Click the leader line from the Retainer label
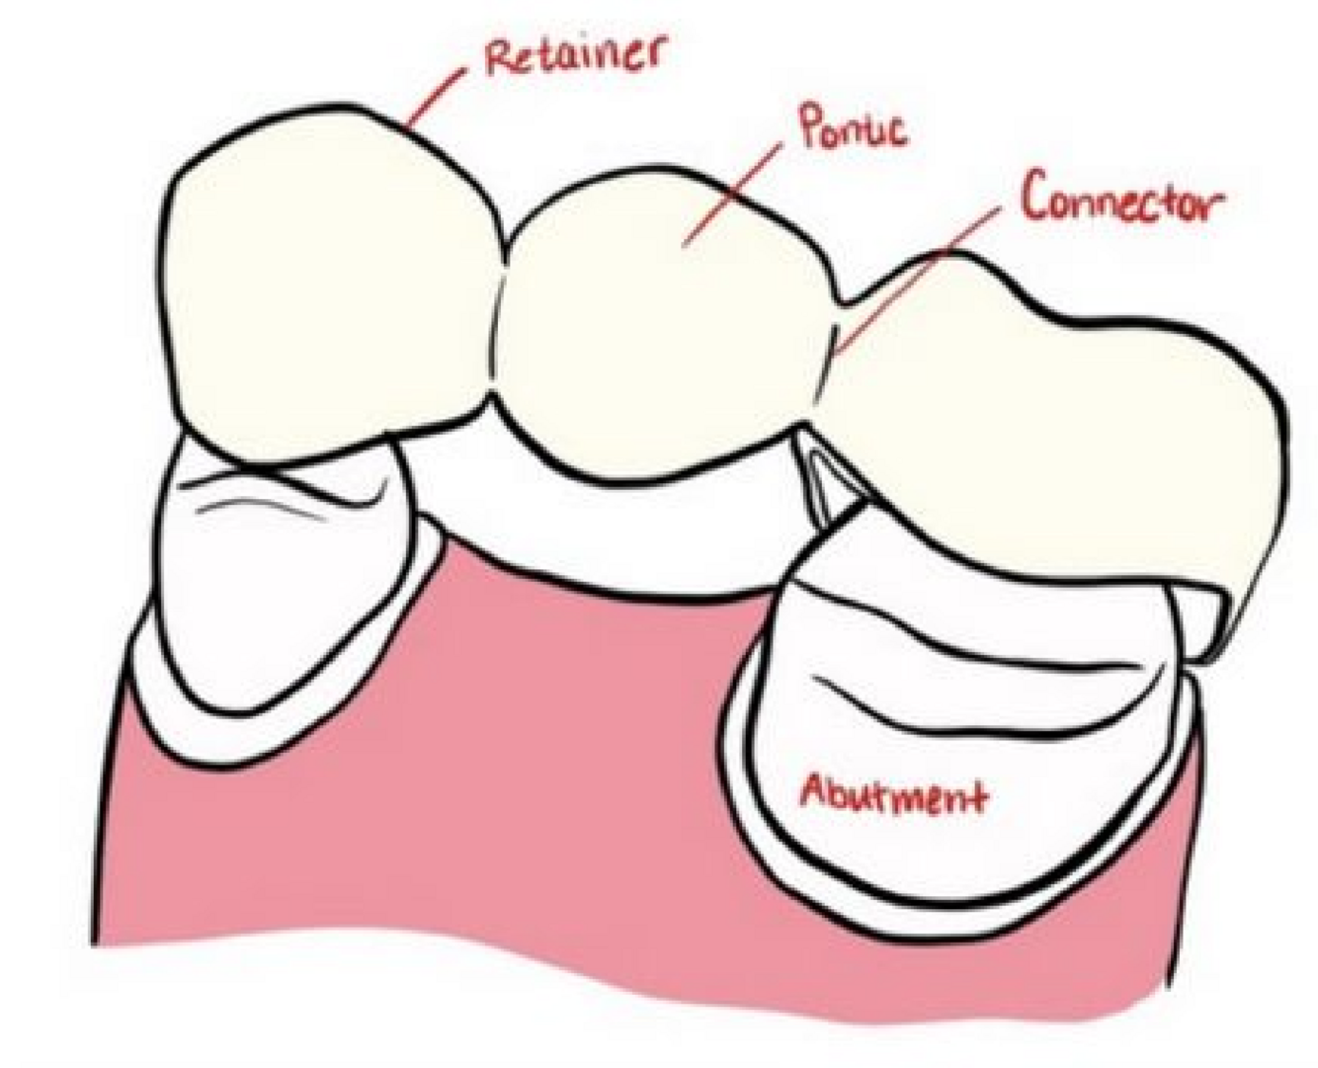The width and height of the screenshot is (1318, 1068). [x=436, y=98]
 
